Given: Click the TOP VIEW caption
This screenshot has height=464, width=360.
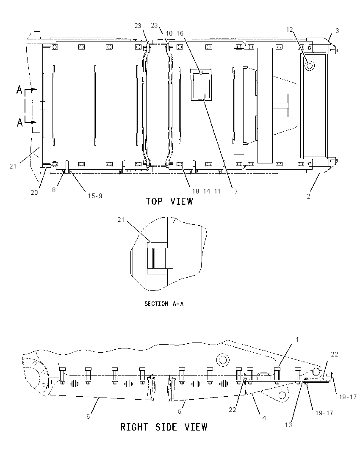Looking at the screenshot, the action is point(169,202).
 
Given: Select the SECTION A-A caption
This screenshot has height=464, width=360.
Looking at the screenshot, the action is point(164,304).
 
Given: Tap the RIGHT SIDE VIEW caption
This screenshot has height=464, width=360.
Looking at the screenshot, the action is point(164,427).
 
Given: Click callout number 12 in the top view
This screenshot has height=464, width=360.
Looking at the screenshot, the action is point(289,29).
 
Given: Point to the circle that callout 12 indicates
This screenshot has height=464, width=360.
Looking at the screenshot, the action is point(309,66).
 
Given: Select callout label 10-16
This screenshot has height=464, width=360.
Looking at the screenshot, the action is point(174,33).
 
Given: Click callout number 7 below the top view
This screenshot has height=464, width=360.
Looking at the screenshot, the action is point(236,192).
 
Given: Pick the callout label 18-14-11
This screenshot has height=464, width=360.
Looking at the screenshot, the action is point(206,191).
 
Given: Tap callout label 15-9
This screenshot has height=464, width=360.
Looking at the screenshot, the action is point(95,196).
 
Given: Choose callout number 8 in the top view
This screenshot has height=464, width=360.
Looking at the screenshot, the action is point(54,190).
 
